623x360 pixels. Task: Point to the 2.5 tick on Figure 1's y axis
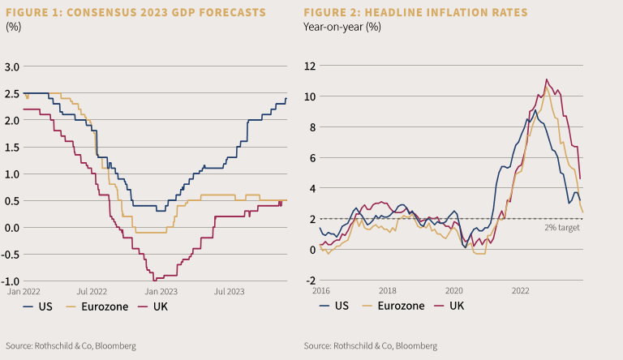(14, 93)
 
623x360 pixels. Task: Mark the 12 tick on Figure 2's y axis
(311, 66)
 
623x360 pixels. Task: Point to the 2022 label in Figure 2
(521, 289)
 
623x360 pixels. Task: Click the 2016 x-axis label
(322, 289)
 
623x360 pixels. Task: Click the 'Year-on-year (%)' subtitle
(342, 26)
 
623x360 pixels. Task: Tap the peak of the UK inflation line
(547, 79)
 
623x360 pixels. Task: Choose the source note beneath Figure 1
(64, 345)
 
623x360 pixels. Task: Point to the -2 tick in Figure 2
(311, 280)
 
